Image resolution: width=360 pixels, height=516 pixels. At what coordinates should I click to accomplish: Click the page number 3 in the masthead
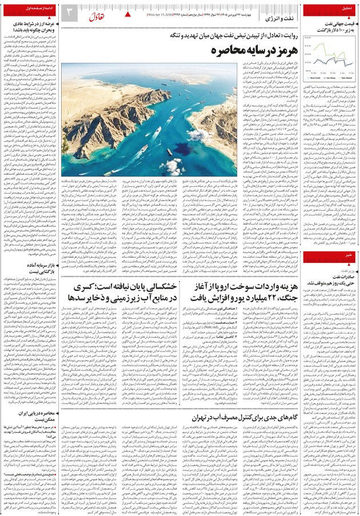(69, 11)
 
